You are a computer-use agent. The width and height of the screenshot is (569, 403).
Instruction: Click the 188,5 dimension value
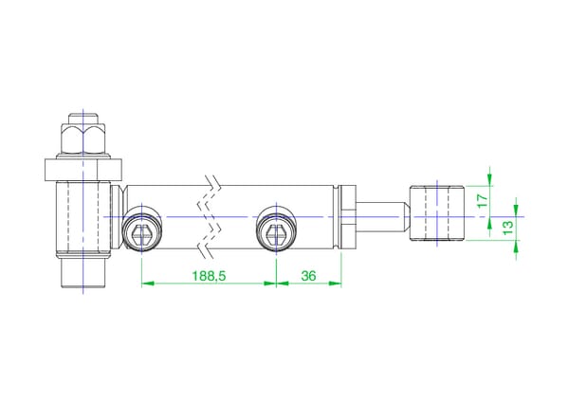[x=209, y=276]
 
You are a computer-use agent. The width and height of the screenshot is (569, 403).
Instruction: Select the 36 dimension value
[x=308, y=276]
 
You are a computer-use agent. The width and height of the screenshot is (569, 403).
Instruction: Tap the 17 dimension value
[x=483, y=201]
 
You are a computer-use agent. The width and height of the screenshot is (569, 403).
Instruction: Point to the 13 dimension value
[x=508, y=227]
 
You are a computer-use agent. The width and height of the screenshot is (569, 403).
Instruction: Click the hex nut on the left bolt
[x=83, y=139]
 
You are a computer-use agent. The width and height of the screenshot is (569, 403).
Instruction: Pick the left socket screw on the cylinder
[x=141, y=229]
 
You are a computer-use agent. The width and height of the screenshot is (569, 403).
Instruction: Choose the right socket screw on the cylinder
[x=277, y=229]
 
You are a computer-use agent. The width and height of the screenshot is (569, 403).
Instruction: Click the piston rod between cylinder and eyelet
[x=383, y=217]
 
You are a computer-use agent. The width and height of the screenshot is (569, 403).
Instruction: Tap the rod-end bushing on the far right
[x=437, y=213]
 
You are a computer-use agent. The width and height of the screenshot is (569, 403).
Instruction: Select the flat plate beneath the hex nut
[x=83, y=170]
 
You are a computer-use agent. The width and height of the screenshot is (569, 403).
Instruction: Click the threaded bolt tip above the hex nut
[x=83, y=119]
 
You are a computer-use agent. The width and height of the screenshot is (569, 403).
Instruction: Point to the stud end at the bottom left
[x=83, y=272]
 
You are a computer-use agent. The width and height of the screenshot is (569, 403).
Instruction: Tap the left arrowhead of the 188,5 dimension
[x=148, y=284]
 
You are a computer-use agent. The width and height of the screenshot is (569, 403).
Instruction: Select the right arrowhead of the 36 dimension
[x=335, y=284]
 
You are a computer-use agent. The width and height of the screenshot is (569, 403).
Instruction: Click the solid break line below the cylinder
[x=206, y=251]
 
